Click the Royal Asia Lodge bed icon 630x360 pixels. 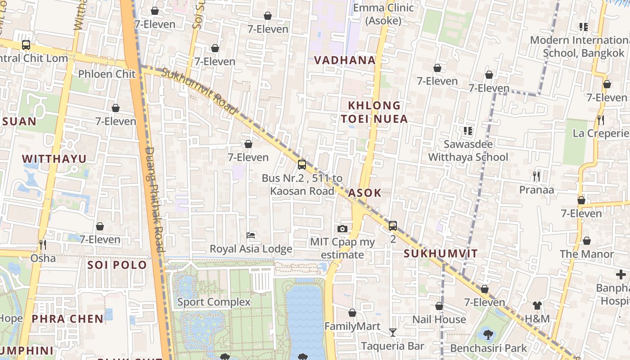click(x=251, y=235)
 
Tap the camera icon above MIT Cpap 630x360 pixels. click(x=342, y=229)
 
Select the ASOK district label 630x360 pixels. click(x=365, y=193)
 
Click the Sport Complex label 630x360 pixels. click(x=214, y=301)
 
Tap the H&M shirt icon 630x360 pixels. click(x=537, y=306)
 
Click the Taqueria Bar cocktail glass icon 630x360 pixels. click(x=393, y=333)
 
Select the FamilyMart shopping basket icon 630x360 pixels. click(x=352, y=313)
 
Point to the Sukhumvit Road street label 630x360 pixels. click(x=199, y=91)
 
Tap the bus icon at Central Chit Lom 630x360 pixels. click(x=26, y=45)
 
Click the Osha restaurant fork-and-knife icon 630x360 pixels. click(x=43, y=245)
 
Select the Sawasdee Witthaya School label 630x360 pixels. click(x=468, y=151)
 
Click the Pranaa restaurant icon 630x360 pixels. click(x=536, y=176)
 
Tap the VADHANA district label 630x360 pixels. click(x=345, y=60)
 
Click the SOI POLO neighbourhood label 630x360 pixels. click(x=117, y=265)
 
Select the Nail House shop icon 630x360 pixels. click(x=439, y=306)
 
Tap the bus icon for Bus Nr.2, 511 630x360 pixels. click(x=302, y=165)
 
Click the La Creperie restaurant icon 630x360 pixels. click(x=600, y=120)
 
